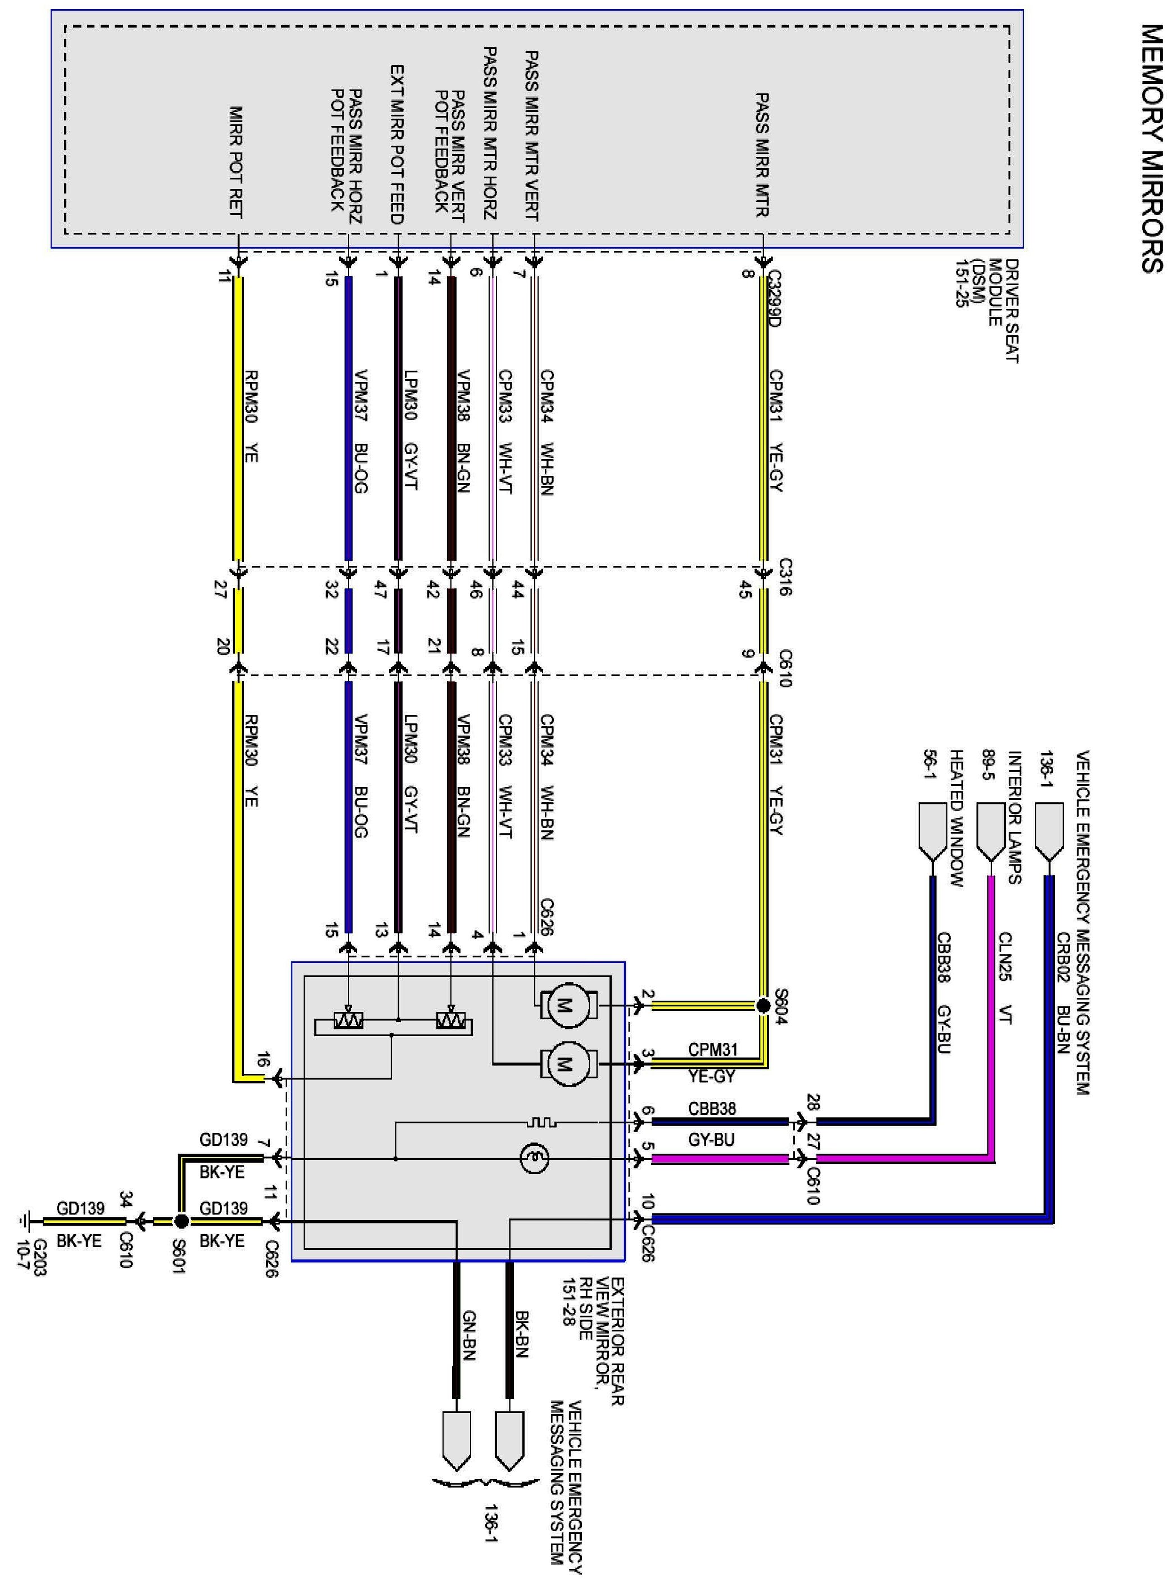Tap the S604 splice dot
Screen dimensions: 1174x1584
coord(762,1006)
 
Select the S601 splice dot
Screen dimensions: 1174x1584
coord(181,1221)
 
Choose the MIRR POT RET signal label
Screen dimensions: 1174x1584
coord(236,163)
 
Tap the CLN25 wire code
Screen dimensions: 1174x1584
coord(1005,956)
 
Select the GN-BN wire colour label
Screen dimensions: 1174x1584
coord(469,1336)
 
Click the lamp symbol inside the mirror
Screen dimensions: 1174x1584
coord(534,1159)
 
